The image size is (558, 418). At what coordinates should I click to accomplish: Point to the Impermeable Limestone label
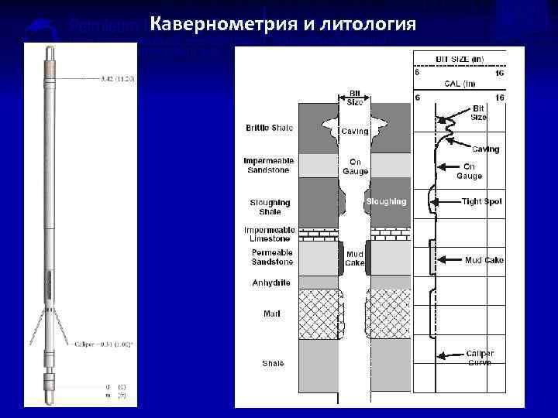pos(268,235)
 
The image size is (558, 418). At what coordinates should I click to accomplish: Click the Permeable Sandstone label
pos(269,258)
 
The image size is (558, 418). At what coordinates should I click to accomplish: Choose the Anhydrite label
pos(271,283)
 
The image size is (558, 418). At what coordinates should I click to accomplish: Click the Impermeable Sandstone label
pos(268,166)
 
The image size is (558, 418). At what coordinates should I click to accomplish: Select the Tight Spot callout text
pos(482,201)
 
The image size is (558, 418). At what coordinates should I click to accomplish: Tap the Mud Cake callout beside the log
pos(484,260)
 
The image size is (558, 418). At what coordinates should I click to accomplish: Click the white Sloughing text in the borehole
pos(386,201)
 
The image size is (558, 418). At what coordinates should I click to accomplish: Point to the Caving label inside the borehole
pos(355,132)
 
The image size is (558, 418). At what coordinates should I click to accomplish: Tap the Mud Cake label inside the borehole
pos(355,258)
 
